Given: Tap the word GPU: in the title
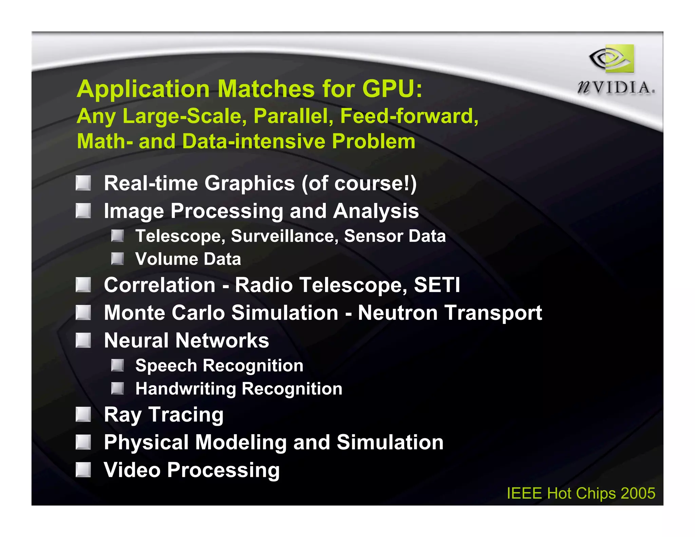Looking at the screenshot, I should pyautogui.click(x=392, y=89).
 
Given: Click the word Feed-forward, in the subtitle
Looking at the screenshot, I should pyautogui.click(x=409, y=116).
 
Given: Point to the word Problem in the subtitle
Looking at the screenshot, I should pyautogui.click(x=373, y=141).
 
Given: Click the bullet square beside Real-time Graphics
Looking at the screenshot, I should pyautogui.click(x=83, y=183).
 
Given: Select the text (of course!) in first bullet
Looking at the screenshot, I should pyautogui.click(x=359, y=183).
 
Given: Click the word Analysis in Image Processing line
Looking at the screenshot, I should pyautogui.click(x=376, y=211).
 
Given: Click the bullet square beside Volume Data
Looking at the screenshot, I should pyautogui.click(x=117, y=259).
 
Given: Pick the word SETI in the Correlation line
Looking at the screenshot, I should pyautogui.click(x=437, y=285).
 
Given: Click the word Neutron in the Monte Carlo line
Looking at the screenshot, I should pyautogui.click(x=397, y=312).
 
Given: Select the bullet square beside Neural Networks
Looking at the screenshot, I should pyautogui.click(x=83, y=340).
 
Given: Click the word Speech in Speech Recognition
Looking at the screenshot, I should pyautogui.click(x=166, y=366).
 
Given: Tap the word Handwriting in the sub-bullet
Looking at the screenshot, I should pyautogui.click(x=185, y=389).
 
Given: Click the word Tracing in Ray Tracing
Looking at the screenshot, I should pyautogui.click(x=186, y=415).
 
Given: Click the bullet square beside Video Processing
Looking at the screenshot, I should pyautogui.click(x=83, y=470).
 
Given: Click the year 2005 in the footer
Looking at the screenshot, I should pyautogui.click(x=638, y=493).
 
